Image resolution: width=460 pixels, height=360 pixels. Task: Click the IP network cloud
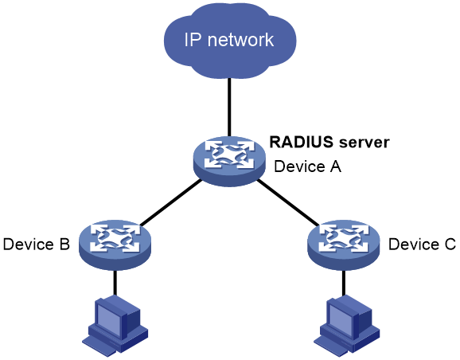(x=230, y=41)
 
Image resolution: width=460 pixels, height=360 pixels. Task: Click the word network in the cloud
(x=240, y=40)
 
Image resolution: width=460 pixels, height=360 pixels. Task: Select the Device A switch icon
(x=229, y=161)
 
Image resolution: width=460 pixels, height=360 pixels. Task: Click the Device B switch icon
(x=115, y=245)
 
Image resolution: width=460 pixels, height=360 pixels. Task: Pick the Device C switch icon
(x=343, y=245)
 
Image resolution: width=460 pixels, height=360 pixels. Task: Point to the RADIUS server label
(x=329, y=143)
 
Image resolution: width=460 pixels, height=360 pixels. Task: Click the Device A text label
(x=307, y=166)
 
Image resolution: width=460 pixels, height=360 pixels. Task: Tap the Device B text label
(x=37, y=245)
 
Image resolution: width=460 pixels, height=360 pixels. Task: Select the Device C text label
(x=422, y=245)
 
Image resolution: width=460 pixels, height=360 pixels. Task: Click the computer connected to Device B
(x=115, y=327)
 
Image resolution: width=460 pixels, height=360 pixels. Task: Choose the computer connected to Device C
(x=346, y=327)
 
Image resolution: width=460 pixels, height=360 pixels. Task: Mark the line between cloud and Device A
(x=229, y=108)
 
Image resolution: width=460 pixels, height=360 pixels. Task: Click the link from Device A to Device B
(x=171, y=202)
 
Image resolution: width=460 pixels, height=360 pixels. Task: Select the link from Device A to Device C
(x=288, y=202)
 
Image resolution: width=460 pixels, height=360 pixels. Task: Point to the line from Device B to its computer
(x=115, y=283)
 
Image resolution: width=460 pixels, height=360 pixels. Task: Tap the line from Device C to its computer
(x=344, y=283)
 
